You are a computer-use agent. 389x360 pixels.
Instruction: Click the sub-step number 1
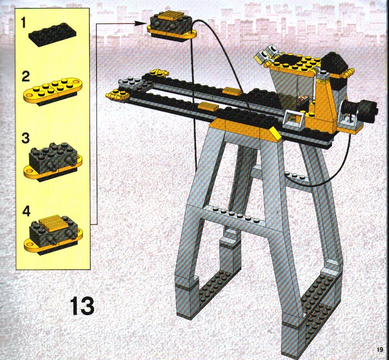[x=23, y=23]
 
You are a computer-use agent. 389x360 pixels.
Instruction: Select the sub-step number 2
[x=25, y=76]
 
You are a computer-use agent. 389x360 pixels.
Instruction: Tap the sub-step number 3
[x=25, y=138]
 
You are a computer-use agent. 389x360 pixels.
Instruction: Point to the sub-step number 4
[x=26, y=211]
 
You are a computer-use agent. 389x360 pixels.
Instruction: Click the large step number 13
[x=82, y=306]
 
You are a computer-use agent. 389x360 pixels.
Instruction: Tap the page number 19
[x=380, y=350]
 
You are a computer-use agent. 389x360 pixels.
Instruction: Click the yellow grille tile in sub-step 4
[x=52, y=223]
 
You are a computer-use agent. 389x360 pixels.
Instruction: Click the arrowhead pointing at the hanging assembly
[x=140, y=24]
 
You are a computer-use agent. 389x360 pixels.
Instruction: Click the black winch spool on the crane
[x=350, y=109]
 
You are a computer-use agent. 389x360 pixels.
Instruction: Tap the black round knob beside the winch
[x=368, y=111]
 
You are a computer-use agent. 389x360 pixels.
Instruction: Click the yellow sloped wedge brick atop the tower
[x=275, y=134]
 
